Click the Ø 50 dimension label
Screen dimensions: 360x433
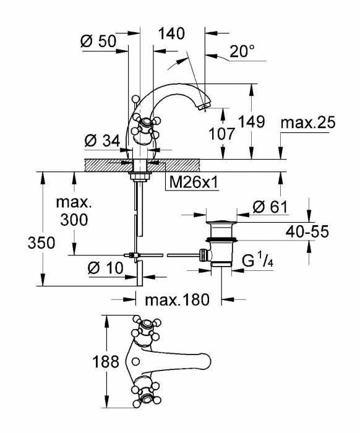pyautogui.click(x=98, y=41)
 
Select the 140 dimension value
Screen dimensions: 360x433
pyautogui.click(x=171, y=33)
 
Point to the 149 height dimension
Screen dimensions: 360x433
pyautogui.click(x=251, y=121)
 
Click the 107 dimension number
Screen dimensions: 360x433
pyautogui.click(x=221, y=134)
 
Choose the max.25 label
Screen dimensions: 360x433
pyautogui.click(x=308, y=122)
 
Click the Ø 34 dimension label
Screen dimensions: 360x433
pyautogui.click(x=103, y=141)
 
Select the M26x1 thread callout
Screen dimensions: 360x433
pyautogui.click(x=194, y=182)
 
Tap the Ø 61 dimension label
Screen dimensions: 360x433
pyautogui.click(x=270, y=207)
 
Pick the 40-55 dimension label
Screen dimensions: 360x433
pyautogui.click(x=307, y=231)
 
